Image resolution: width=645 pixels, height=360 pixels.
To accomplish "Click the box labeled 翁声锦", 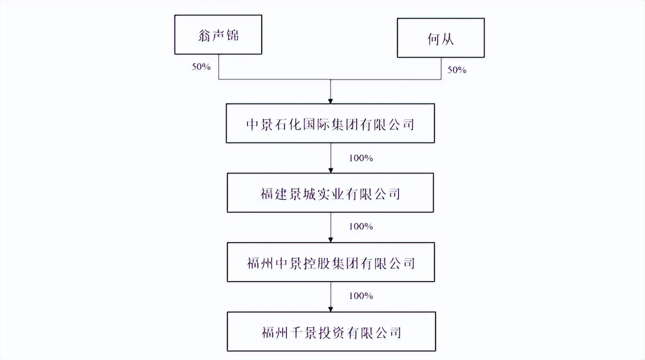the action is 218,35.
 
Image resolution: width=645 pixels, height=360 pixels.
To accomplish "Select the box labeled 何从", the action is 441,38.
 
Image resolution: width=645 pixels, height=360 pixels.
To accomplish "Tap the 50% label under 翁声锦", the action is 201,67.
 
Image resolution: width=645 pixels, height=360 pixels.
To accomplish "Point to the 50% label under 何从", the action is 457,70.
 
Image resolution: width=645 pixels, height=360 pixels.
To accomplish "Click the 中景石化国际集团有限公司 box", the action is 330,123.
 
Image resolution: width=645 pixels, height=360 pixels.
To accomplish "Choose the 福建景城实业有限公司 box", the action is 330,193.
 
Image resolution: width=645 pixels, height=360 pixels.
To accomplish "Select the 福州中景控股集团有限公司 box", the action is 331,262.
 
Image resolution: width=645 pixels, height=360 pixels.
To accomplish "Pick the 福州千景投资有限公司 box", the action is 332,332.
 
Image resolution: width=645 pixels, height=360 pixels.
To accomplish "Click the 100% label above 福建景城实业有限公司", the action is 361,158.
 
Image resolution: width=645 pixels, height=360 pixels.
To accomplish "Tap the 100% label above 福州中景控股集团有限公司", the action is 361,227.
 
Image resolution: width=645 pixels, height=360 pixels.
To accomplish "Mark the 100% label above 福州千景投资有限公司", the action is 361,296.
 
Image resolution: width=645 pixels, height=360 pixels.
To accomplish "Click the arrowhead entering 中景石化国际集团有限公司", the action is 331,101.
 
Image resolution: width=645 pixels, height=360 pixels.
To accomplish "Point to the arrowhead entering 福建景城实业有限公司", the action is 331,171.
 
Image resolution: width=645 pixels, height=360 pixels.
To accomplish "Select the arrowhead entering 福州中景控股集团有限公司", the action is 331,240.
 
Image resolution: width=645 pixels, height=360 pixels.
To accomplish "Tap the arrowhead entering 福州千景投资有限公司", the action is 331,310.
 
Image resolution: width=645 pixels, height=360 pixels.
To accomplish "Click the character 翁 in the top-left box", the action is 204,36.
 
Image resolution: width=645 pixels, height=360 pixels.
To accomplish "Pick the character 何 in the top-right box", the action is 434,39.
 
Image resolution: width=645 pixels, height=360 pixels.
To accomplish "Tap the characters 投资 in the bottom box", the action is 331,332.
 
